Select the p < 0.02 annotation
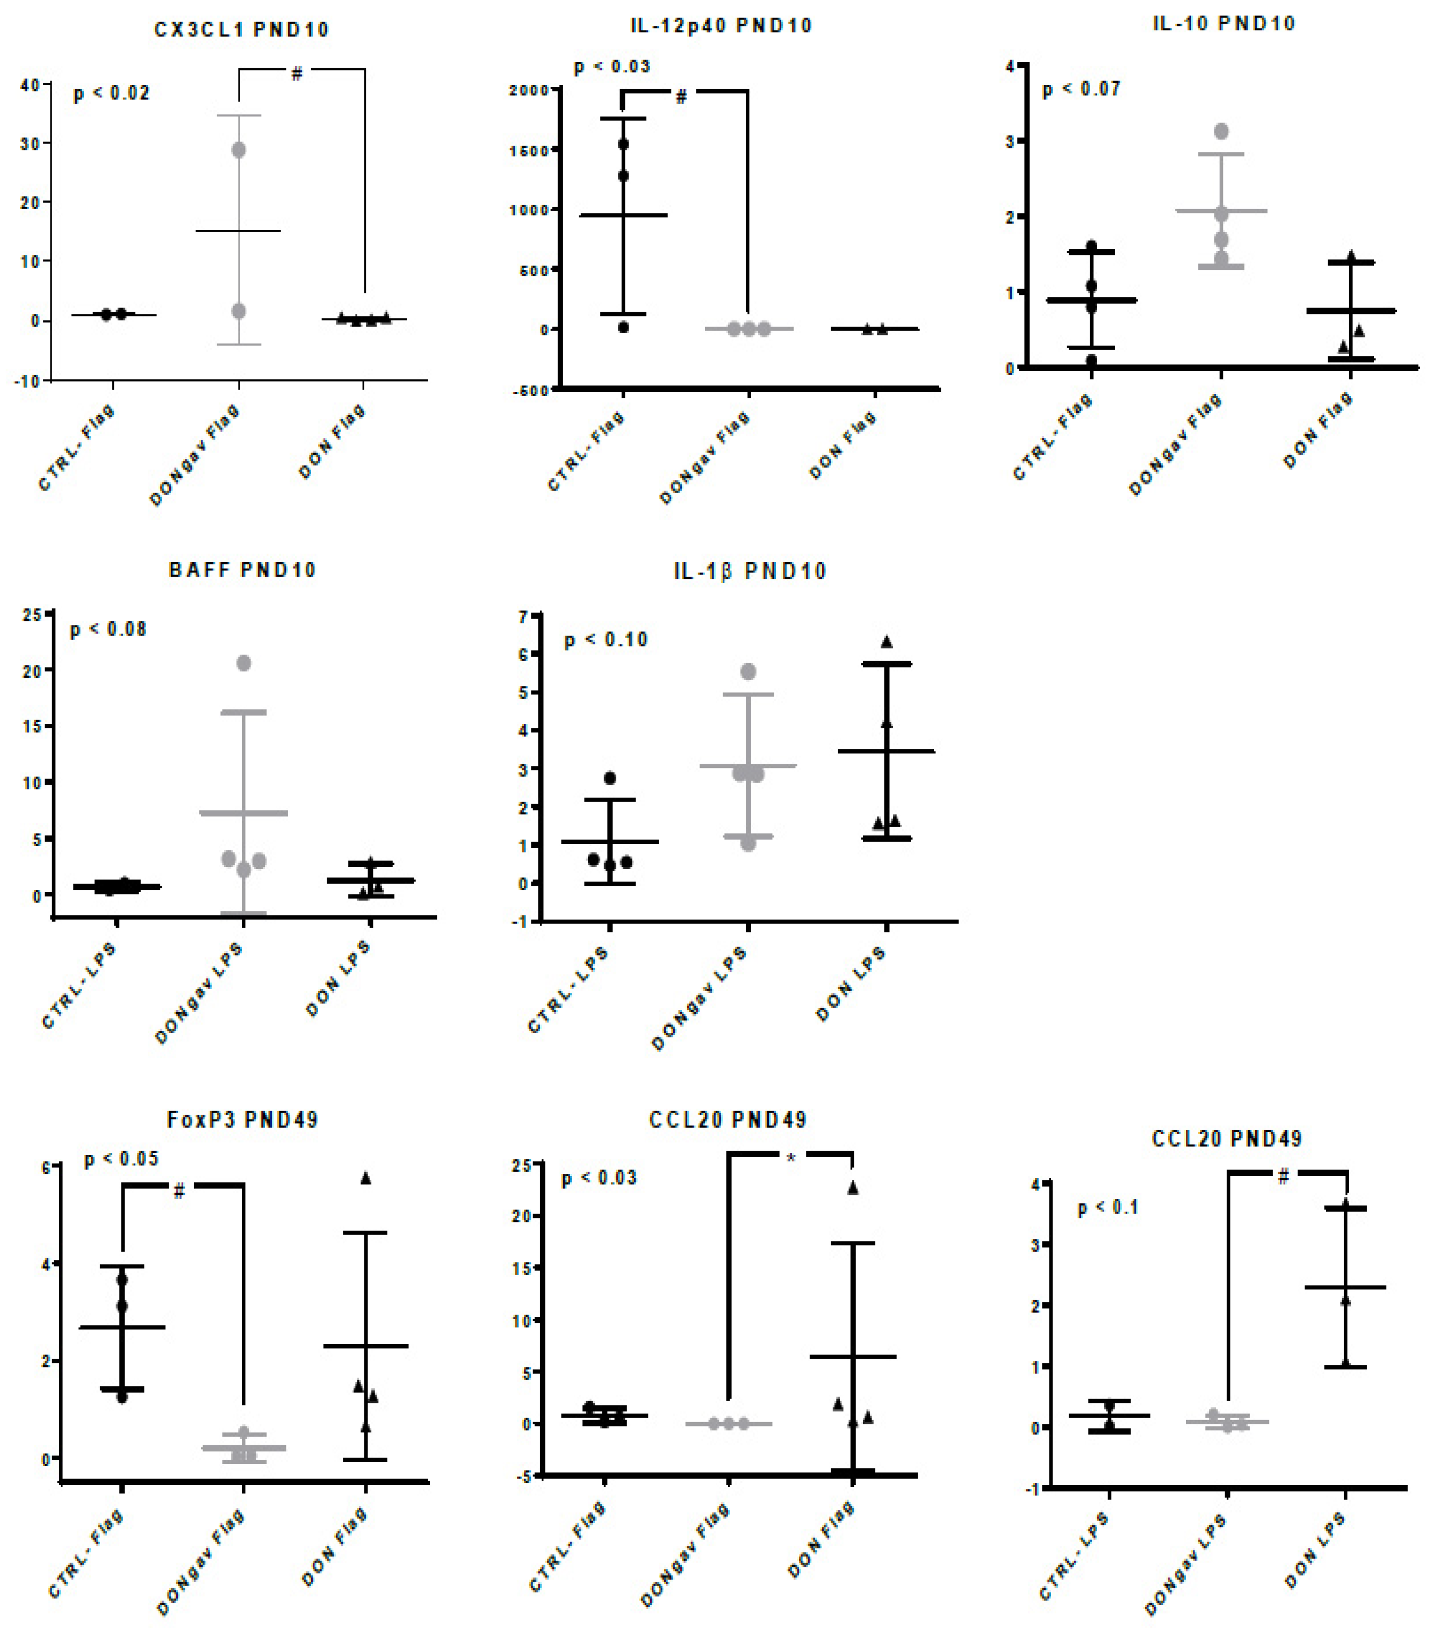click(x=112, y=93)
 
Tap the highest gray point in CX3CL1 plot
click(x=239, y=150)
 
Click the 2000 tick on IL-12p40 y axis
click(x=529, y=90)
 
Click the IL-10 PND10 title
click(x=1223, y=23)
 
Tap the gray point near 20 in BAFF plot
click(x=244, y=663)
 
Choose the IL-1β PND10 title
click(x=750, y=571)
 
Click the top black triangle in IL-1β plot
click(x=887, y=642)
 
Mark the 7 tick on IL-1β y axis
click(x=523, y=616)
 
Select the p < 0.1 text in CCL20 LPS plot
click(x=1108, y=1208)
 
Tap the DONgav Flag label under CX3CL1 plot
click(x=195, y=456)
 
